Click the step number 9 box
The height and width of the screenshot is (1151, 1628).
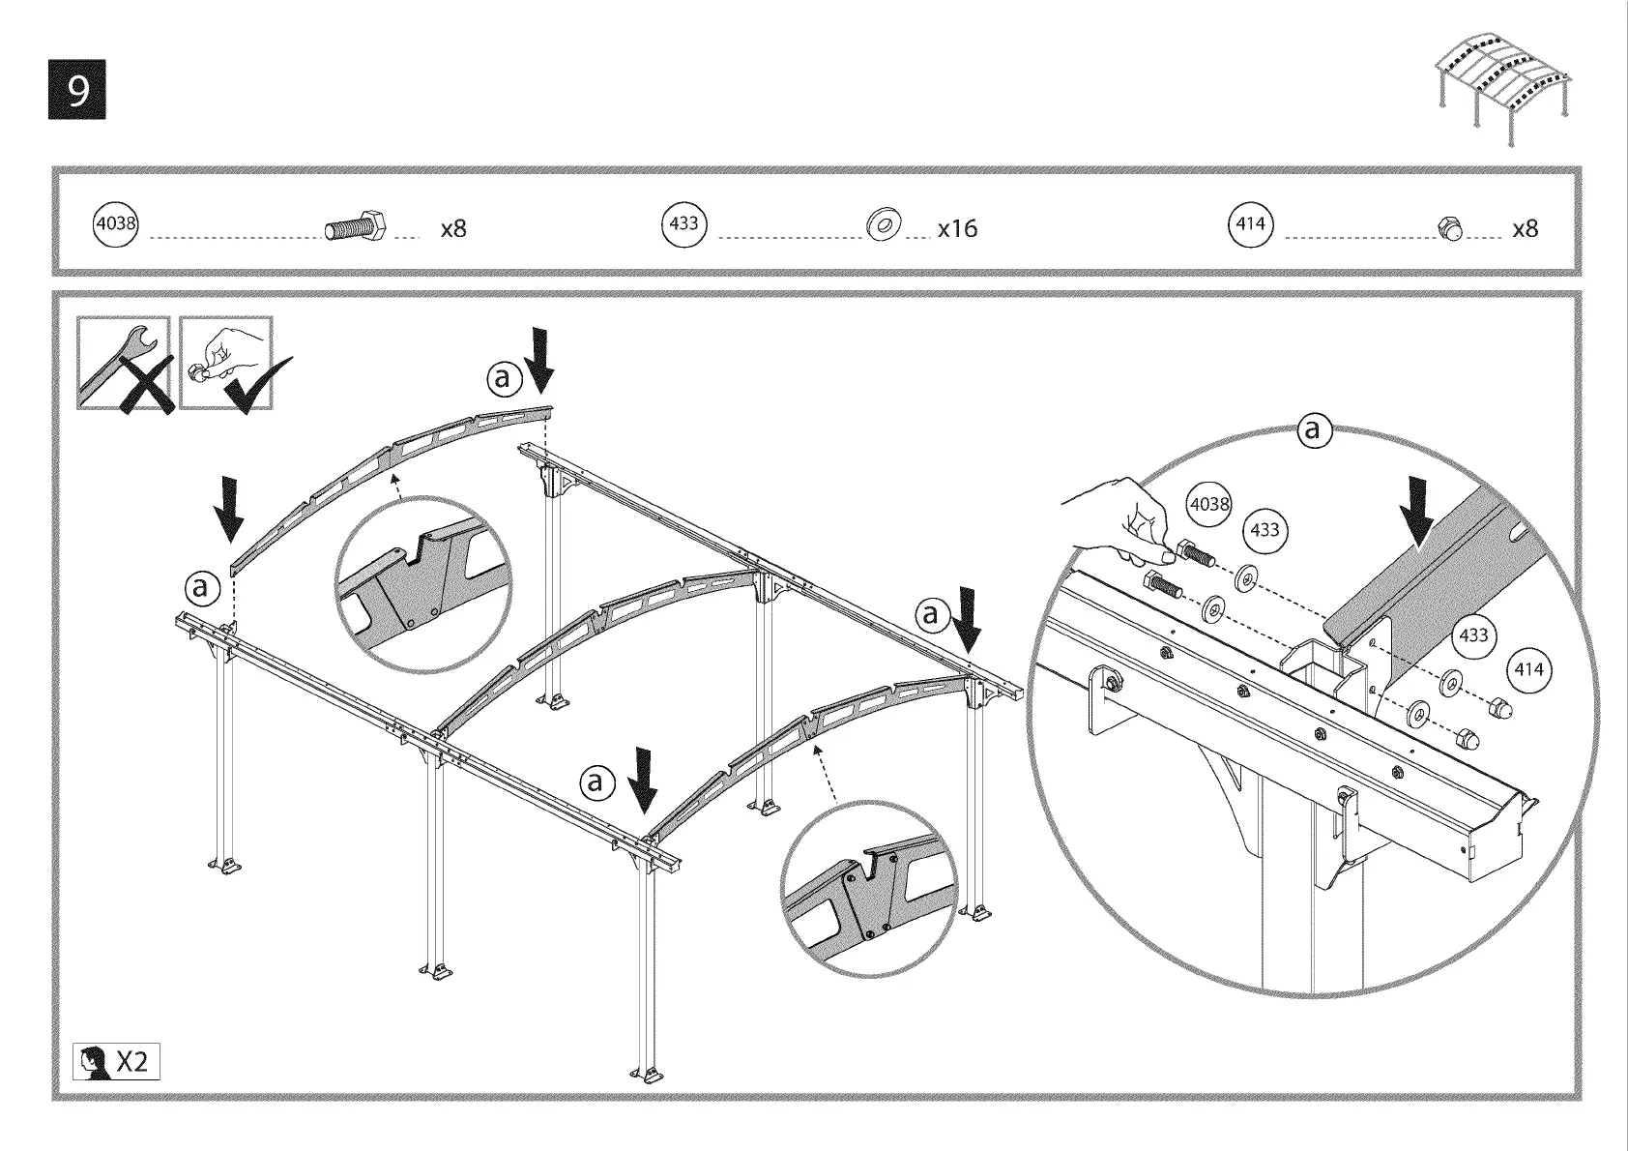pyautogui.click(x=76, y=90)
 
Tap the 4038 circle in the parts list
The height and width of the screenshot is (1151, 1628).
pyautogui.click(x=115, y=224)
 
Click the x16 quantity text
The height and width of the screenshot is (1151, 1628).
pyautogui.click(x=957, y=229)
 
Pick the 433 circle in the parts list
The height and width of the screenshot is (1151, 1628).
pyautogui.click(x=683, y=224)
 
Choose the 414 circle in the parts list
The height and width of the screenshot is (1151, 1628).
pyautogui.click(x=1251, y=224)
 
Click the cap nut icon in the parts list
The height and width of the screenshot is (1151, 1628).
pyautogui.click(x=1450, y=228)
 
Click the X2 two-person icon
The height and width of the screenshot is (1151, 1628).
pyautogui.click(x=116, y=1061)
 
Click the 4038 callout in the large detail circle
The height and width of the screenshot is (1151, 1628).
pyautogui.click(x=1208, y=504)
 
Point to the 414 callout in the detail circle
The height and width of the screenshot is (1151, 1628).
pyautogui.click(x=1528, y=670)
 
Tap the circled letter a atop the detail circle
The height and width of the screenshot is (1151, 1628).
pyautogui.click(x=1312, y=428)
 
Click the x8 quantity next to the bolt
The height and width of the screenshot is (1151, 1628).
pyautogui.click(x=453, y=229)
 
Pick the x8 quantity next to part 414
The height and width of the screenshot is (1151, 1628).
pyautogui.click(x=1525, y=229)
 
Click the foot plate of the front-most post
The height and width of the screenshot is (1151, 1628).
pyautogui.click(x=649, y=1075)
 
